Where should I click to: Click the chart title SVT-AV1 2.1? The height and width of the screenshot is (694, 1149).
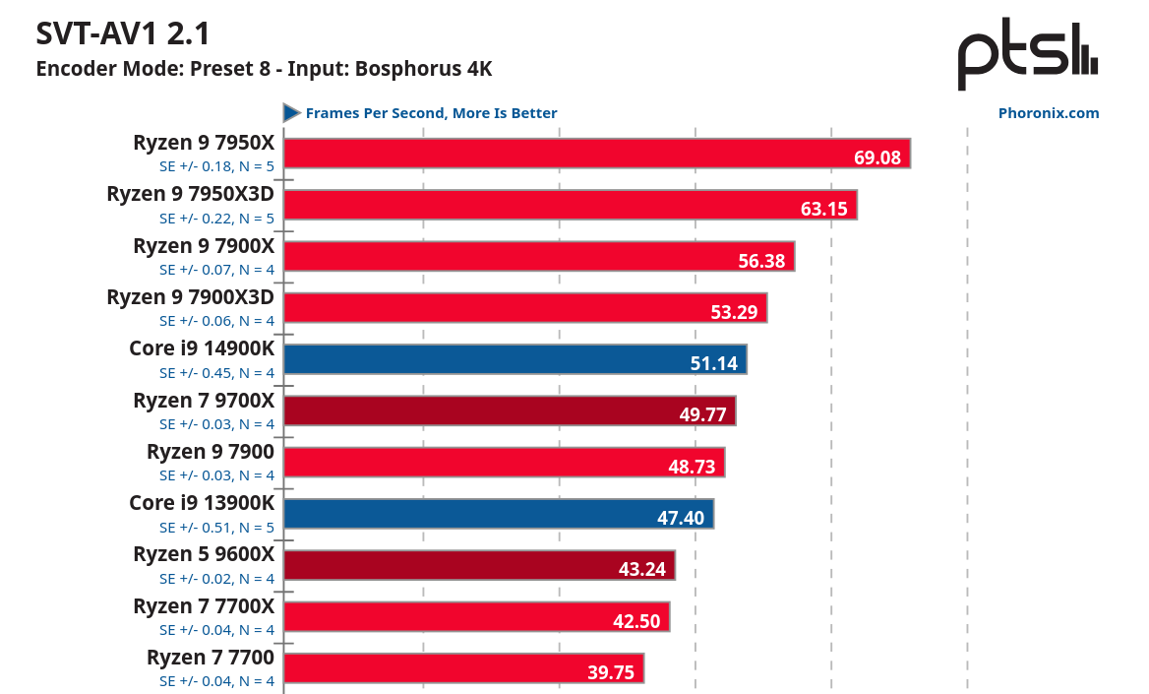point(123,34)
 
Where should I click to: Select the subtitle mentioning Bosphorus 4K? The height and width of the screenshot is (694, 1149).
point(264,69)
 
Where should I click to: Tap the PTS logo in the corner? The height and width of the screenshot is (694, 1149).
point(1028,55)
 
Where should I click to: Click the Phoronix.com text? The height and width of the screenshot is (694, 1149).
point(1049,113)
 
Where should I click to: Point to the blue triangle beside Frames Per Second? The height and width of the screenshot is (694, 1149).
point(291,113)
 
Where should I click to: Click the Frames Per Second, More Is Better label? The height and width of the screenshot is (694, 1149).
point(431,113)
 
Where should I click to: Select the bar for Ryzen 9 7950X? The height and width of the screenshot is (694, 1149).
point(596,154)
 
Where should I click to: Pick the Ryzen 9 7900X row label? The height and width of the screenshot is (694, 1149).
point(204,246)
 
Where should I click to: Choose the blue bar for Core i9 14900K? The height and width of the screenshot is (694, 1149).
point(514,359)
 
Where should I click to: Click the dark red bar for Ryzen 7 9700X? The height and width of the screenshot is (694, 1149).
point(509,410)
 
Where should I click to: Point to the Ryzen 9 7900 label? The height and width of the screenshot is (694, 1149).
point(211,452)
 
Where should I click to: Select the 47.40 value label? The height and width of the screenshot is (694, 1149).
point(681,518)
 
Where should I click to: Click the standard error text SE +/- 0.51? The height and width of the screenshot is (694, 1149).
point(216,527)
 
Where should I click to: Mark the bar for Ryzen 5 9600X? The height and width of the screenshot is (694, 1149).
point(478,565)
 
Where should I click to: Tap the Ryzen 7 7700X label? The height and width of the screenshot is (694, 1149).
point(204,606)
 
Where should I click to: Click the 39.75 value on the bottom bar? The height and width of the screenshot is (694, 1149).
point(611,672)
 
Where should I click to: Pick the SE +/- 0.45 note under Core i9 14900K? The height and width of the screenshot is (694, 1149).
point(216,373)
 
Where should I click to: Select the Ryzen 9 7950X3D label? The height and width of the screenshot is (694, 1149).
point(190,195)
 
